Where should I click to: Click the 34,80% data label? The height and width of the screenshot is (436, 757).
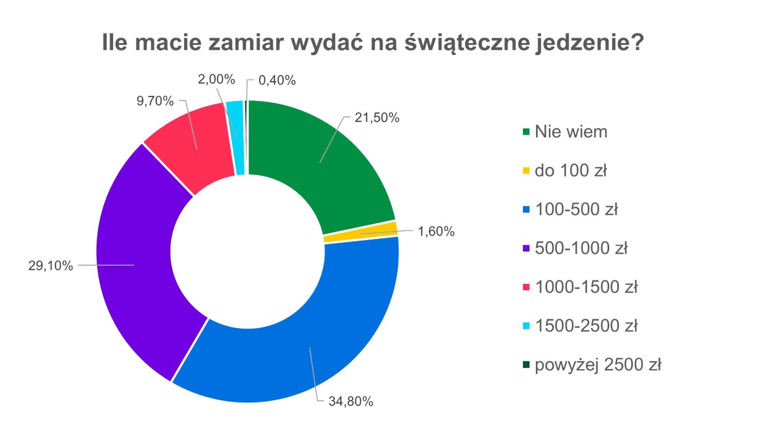point(351,402)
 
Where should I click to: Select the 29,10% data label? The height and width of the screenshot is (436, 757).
point(51,265)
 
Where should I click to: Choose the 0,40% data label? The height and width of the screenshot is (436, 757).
point(277,80)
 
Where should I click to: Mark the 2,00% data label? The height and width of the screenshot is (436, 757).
point(217,79)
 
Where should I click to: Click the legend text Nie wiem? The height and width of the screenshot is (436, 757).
point(571,132)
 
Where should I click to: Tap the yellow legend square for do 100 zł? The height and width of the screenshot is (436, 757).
point(526,171)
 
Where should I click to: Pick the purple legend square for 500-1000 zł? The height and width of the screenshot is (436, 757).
point(526,249)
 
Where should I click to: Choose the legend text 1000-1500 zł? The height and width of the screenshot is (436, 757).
point(586,287)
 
